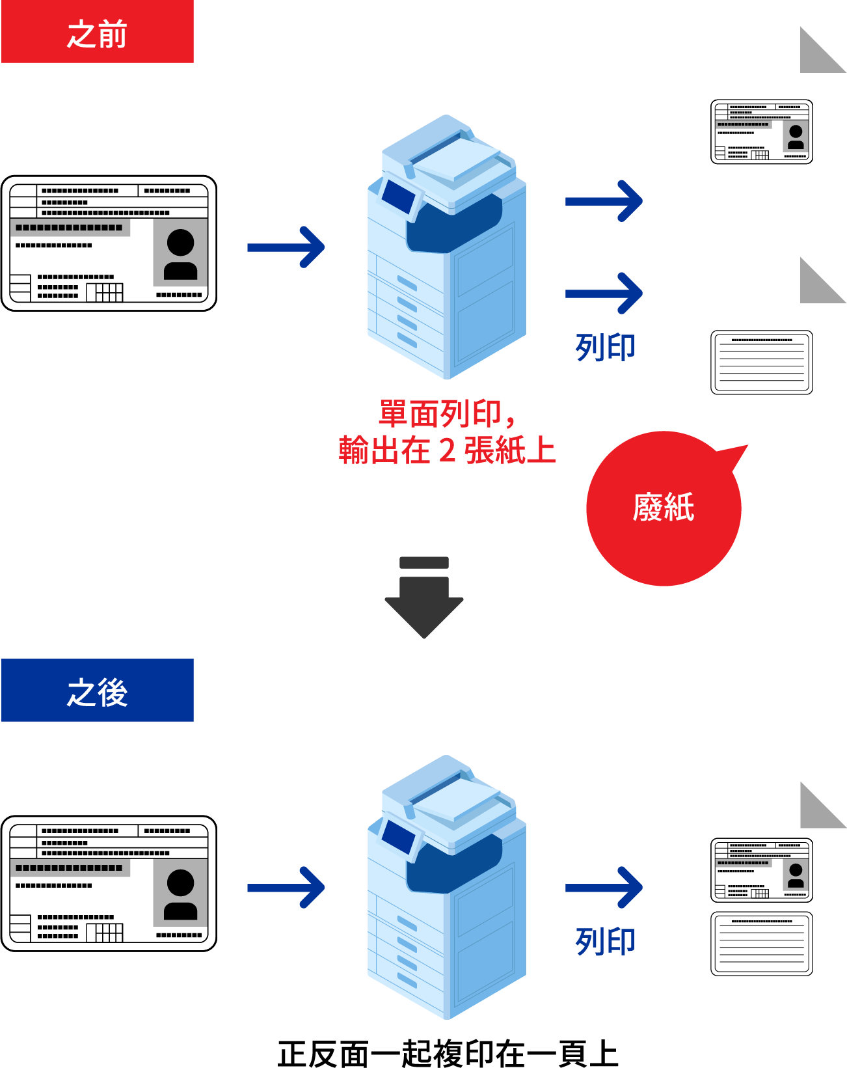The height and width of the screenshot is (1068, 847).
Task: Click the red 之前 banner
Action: point(97,31)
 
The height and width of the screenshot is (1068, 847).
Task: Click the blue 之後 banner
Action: point(97,690)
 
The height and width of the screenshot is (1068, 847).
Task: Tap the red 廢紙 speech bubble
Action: point(664,508)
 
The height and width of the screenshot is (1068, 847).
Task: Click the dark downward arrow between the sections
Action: point(423,597)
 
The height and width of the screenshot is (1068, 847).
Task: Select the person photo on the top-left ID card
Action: point(180,253)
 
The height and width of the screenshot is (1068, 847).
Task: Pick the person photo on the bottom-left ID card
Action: point(180,893)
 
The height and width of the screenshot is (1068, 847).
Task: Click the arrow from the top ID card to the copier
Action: point(286,247)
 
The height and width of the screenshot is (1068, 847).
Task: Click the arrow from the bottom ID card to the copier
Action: point(286,887)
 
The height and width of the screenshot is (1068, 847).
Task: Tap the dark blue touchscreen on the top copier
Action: point(398,197)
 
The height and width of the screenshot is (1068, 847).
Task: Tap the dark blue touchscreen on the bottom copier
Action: point(398,837)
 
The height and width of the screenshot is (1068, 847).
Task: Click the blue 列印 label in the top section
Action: point(605,347)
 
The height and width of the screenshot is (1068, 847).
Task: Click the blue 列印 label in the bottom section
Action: point(605,942)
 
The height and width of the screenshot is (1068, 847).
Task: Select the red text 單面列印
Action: point(440,414)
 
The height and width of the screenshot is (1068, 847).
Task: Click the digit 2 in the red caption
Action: point(447,450)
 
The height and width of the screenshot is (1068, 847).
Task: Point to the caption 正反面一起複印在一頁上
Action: point(448,1054)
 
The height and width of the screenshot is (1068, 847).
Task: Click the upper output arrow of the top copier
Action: point(604,201)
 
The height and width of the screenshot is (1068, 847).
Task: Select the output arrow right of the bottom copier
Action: point(604,887)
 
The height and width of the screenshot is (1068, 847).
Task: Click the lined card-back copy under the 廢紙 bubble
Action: point(762,363)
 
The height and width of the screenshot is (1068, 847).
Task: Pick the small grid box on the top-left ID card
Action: point(105,292)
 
